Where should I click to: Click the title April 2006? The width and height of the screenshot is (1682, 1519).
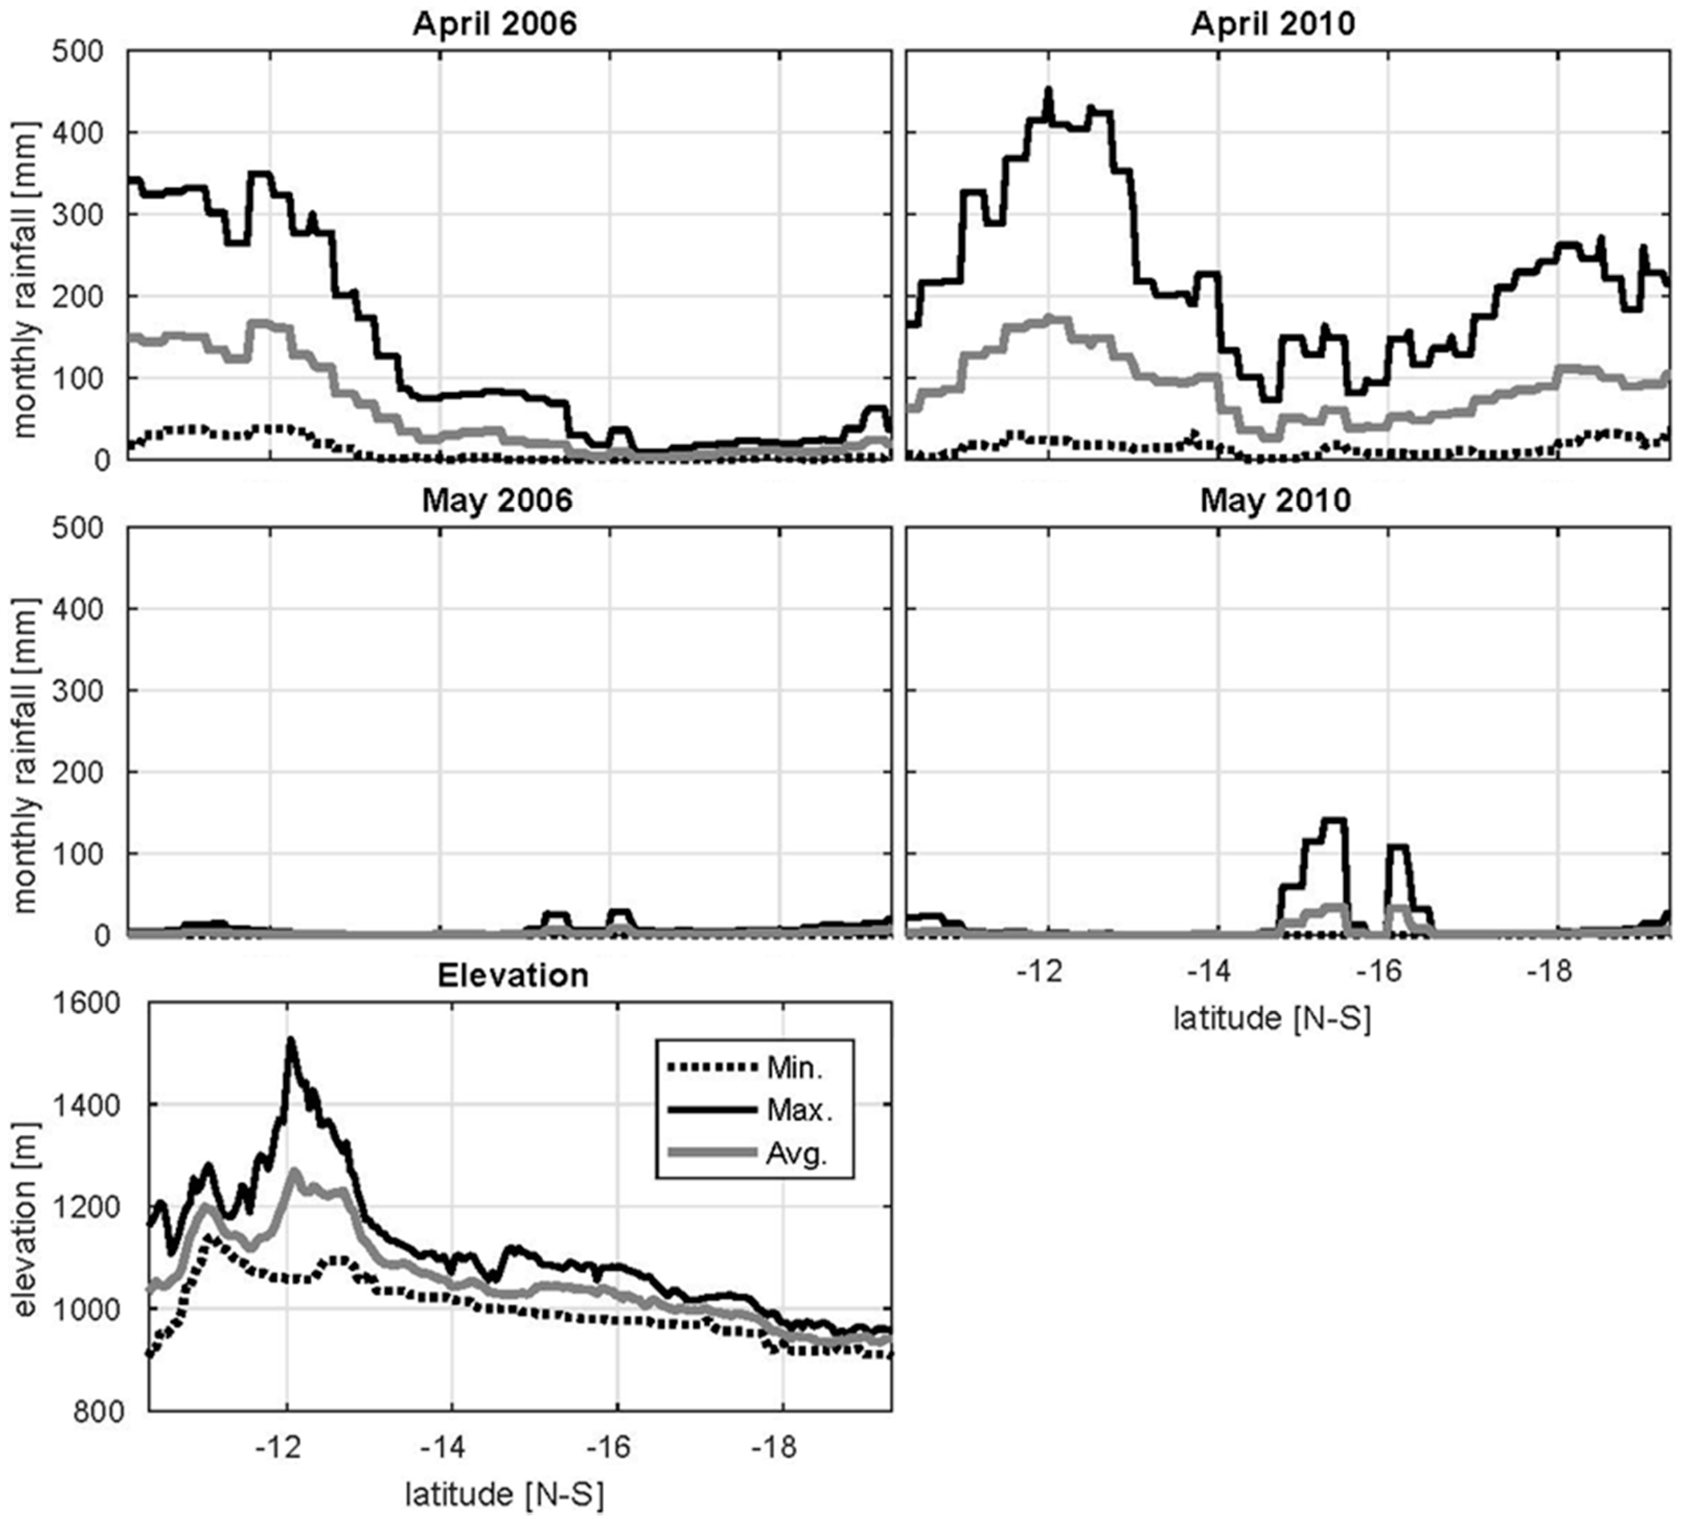[x=495, y=24]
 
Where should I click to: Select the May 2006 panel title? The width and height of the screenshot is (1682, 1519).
[x=497, y=501]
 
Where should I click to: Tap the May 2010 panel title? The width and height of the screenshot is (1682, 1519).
[x=1275, y=501]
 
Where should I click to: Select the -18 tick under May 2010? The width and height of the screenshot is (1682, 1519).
[x=1553, y=972]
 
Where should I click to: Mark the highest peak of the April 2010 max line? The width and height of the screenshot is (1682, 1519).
[x=1049, y=90]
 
